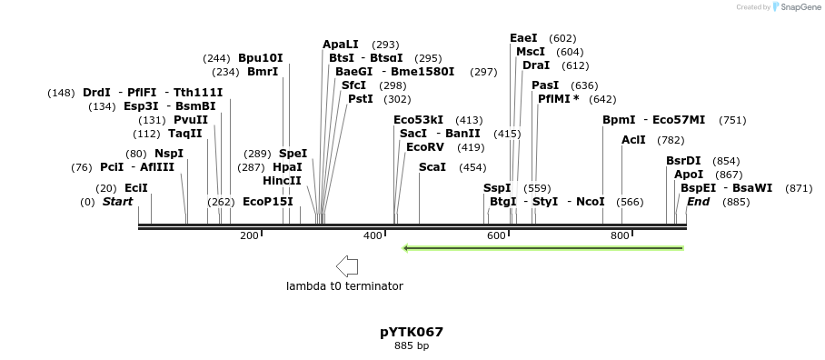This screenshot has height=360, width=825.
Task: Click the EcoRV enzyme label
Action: [424, 147]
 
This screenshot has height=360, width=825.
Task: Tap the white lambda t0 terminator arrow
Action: [346, 266]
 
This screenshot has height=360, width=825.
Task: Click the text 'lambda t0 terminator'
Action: [344, 286]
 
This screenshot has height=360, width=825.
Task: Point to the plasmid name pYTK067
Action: [412, 332]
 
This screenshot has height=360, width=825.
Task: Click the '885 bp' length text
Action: [412, 346]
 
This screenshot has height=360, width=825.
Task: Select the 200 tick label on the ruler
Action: [249, 236]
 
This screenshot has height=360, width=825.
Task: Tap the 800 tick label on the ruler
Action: [620, 236]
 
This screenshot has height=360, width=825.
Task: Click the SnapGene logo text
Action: [797, 7]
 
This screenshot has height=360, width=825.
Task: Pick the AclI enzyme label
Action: [633, 140]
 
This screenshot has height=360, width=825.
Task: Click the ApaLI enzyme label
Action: [341, 45]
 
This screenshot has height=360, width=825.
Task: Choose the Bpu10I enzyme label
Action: [261, 58]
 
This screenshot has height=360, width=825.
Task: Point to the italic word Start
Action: [117, 202]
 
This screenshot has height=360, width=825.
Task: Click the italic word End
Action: [698, 202]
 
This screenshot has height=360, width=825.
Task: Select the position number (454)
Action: [472, 167]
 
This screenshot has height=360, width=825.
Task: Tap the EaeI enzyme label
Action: [523, 38]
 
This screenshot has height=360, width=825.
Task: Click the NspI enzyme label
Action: [168, 154]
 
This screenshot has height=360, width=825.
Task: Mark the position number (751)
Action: [731, 120]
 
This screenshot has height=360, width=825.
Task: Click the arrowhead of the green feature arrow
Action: [407, 247]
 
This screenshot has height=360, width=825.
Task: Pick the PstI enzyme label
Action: [361, 99]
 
